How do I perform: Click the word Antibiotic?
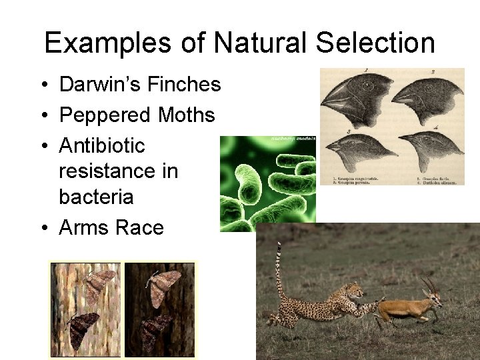102,145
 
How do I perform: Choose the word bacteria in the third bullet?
96,197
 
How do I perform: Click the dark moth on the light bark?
84,330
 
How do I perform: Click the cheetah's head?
353,291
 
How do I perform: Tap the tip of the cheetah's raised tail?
279,245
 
